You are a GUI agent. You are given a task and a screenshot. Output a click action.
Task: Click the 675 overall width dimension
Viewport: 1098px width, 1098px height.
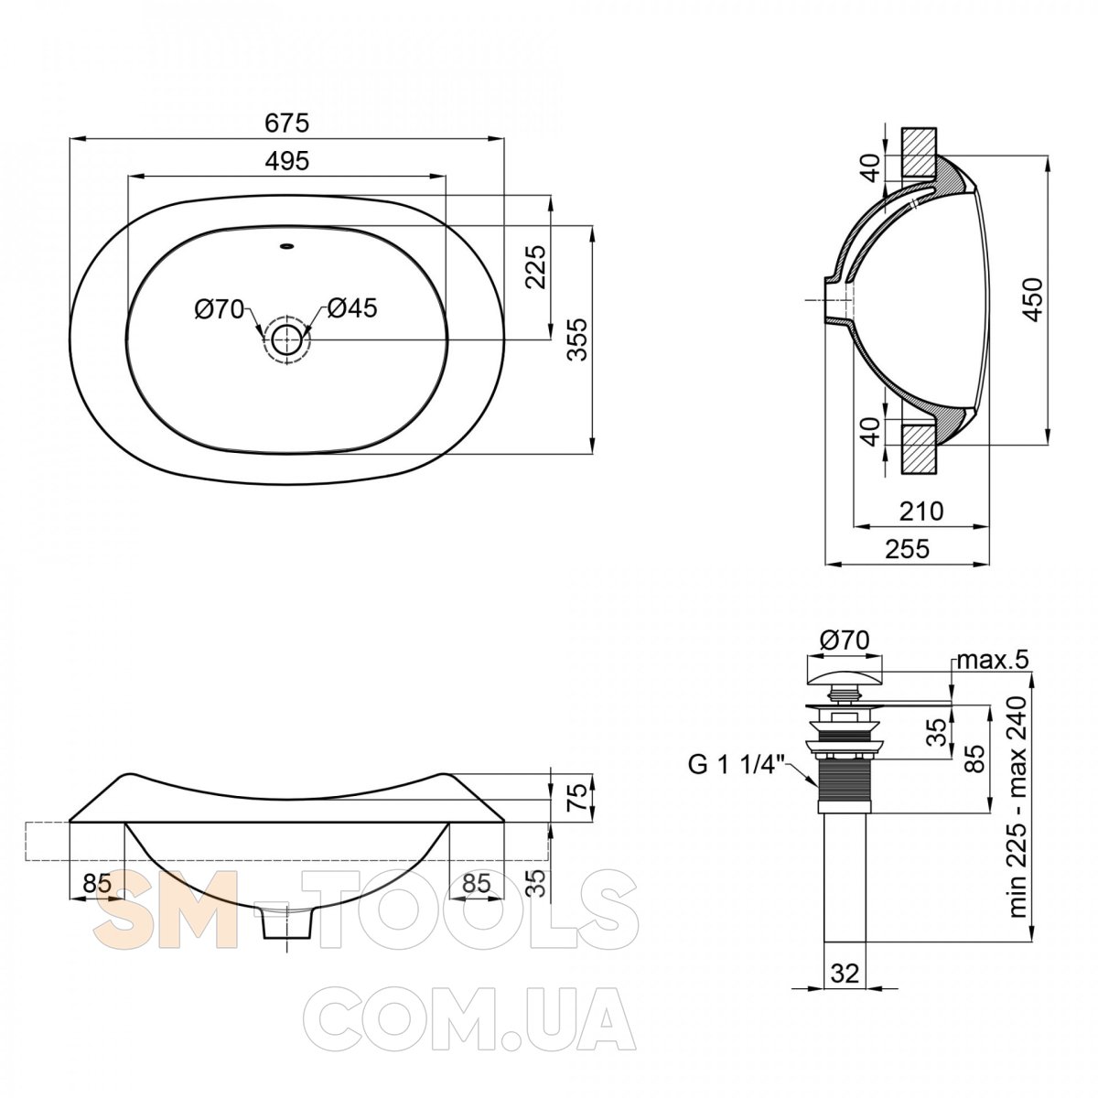pyautogui.click(x=286, y=124)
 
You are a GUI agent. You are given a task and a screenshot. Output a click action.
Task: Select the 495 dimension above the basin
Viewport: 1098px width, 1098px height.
pyautogui.click(x=286, y=161)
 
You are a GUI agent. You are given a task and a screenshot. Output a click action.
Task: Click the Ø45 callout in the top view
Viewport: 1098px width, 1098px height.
pyautogui.click(x=351, y=308)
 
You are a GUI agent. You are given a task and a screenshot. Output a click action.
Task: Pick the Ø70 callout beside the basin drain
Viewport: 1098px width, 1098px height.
pyautogui.click(x=219, y=310)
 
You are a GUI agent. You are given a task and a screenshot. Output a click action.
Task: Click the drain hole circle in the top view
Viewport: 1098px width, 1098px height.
pyautogui.click(x=286, y=339)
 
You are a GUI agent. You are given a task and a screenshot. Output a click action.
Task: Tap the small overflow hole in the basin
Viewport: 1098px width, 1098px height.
pyautogui.click(x=286, y=247)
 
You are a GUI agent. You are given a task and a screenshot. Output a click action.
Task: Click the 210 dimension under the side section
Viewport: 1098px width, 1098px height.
pyautogui.click(x=921, y=511)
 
